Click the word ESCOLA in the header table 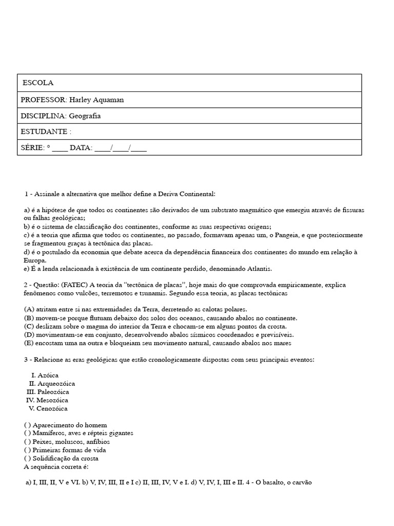38,83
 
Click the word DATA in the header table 81,148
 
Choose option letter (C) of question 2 29,326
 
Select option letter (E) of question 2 29,343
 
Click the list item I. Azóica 45,375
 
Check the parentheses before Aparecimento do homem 27,425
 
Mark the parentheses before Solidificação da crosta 27,458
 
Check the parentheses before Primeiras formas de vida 27,450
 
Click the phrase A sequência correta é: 56,466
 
